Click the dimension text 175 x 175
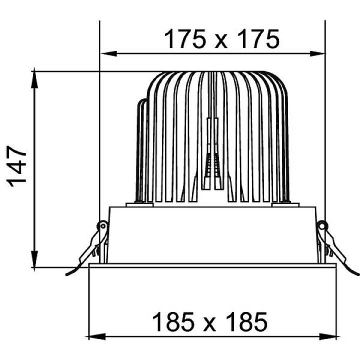coord(221,39)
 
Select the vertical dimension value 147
coord(19,166)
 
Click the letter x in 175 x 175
coord(221,41)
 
